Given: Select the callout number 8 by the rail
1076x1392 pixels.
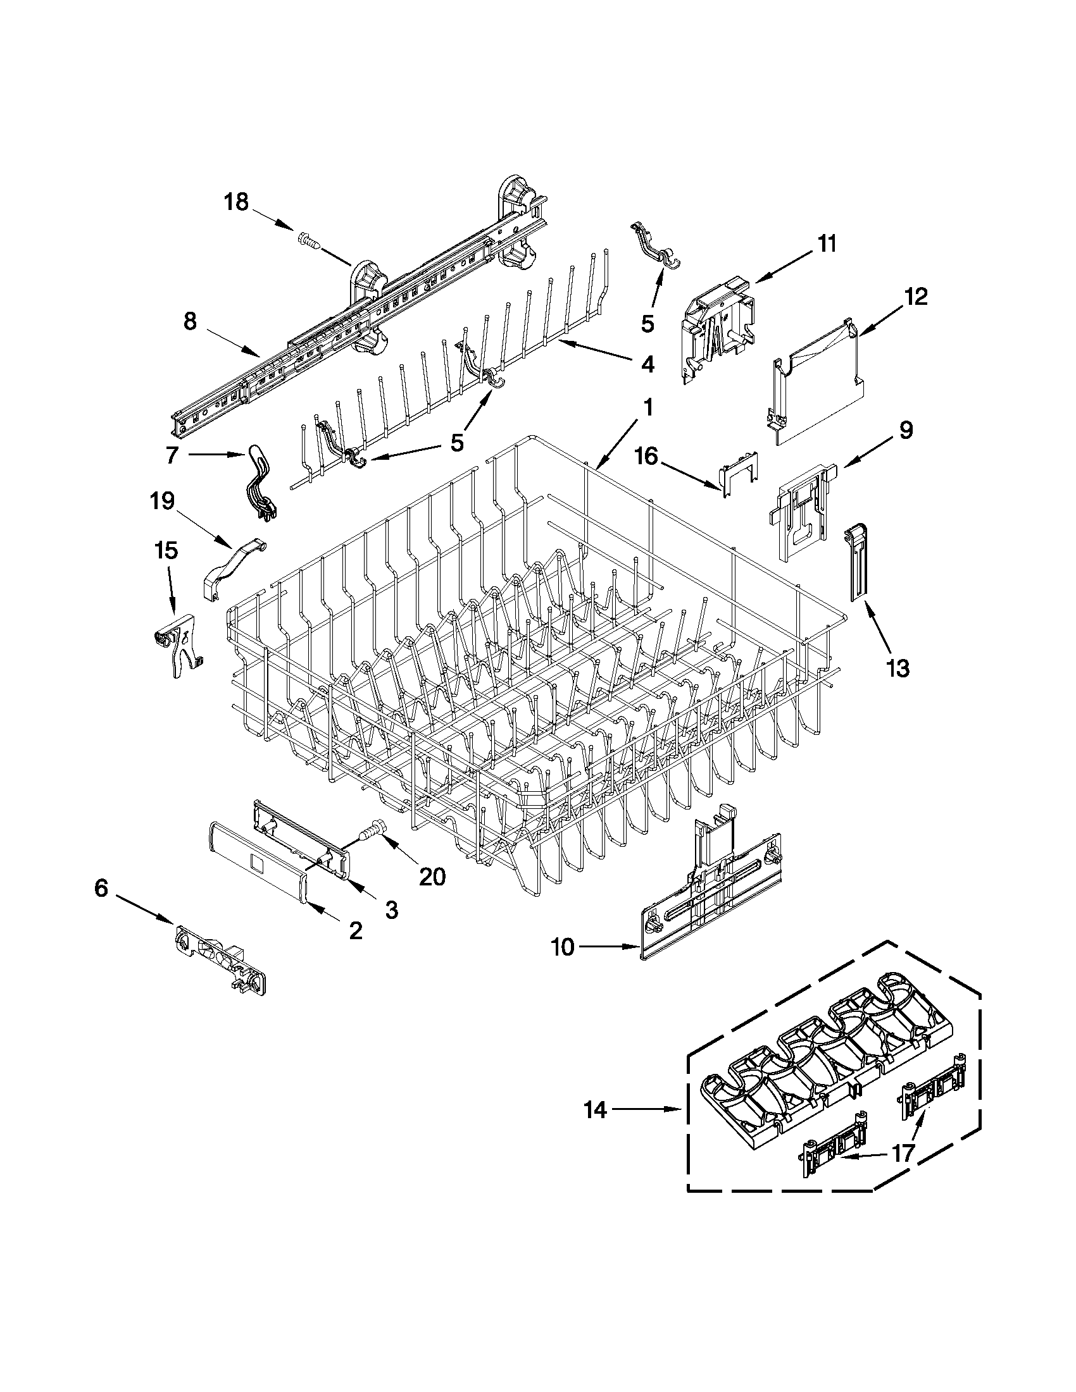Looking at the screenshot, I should pyautogui.click(x=189, y=322).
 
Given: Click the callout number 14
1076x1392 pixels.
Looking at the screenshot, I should pyautogui.click(x=595, y=1111).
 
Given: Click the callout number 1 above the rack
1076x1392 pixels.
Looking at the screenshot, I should pyautogui.click(x=647, y=408).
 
